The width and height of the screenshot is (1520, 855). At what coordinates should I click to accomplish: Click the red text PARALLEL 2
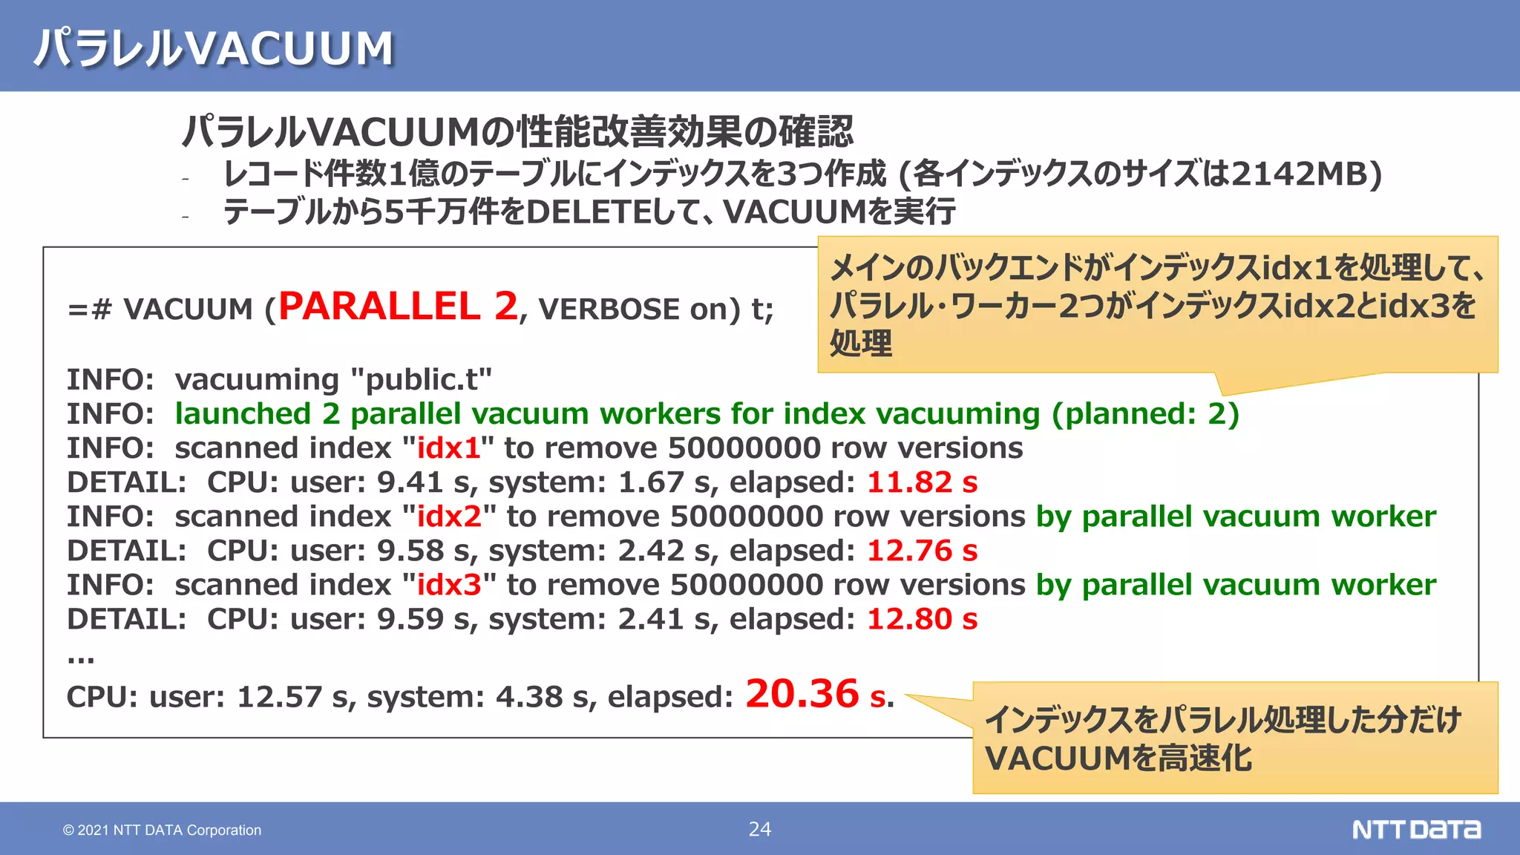(x=398, y=307)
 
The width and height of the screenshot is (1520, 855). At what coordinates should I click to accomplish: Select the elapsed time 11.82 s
(x=922, y=482)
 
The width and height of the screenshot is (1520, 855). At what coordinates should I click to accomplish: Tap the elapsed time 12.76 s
(x=922, y=551)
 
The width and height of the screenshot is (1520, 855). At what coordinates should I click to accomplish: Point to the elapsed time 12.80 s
(x=922, y=619)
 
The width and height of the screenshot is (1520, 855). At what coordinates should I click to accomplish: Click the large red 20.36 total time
(x=802, y=694)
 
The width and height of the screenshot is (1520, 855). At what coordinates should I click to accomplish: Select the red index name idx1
(x=448, y=448)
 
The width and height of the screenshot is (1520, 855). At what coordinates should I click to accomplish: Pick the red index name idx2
(x=450, y=517)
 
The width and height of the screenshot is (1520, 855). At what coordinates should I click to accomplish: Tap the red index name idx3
(x=450, y=585)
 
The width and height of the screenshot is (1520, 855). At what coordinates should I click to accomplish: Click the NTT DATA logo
(x=1416, y=829)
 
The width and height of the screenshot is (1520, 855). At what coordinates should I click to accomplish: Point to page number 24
(x=759, y=829)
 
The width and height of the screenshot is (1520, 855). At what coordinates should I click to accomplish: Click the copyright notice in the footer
(x=162, y=830)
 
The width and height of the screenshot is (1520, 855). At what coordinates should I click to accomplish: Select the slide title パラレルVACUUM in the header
(x=214, y=48)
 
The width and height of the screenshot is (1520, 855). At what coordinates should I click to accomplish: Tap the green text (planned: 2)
(x=1145, y=414)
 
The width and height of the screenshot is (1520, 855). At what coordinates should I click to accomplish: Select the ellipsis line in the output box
(x=80, y=658)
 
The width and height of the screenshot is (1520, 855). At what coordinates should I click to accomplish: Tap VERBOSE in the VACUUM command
(x=609, y=309)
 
